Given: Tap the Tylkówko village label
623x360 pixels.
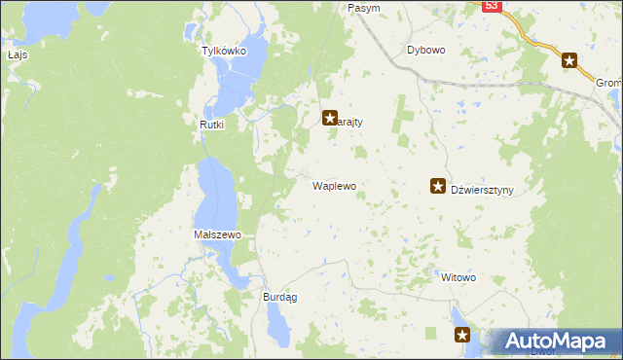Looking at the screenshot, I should tap(223, 51).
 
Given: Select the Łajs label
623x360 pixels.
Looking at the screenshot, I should tap(18, 54).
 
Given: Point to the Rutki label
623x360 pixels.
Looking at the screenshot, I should tap(212, 125).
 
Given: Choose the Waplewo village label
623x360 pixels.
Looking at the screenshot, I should tap(334, 184).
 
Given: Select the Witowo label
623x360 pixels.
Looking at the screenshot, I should tap(458, 277).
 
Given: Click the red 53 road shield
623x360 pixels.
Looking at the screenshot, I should tap(491, 6).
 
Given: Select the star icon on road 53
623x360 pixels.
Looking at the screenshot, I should tap(570, 60).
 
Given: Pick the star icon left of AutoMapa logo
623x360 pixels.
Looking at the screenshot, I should tap(462, 336).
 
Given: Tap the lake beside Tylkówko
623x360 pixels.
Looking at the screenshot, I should tap(238, 83).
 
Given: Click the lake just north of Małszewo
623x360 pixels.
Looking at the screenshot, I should tap(215, 195).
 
